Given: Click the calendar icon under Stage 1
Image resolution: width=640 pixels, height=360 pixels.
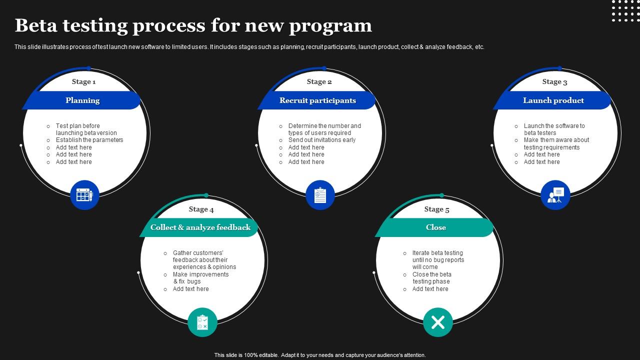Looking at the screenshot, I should (84, 195).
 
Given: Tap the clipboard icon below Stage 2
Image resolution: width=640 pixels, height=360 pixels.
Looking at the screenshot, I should (320, 195).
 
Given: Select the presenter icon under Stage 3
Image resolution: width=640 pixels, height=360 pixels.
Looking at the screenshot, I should (555, 195).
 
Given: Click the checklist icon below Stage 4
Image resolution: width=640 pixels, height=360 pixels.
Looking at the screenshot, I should (202, 322).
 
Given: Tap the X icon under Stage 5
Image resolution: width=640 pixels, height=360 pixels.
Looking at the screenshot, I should (438, 322).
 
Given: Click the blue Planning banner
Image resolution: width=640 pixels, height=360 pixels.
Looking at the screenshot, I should (82, 100).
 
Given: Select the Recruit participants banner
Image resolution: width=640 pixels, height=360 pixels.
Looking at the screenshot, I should (317, 100).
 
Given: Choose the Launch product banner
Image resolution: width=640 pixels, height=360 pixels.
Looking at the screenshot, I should (553, 100).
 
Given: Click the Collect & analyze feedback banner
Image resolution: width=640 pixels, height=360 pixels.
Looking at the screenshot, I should (200, 227).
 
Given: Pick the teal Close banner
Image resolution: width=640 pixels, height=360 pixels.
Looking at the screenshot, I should (435, 227).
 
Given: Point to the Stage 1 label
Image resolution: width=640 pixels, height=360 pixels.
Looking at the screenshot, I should (83, 81).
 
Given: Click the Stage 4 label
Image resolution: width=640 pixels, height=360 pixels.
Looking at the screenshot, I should (201, 209).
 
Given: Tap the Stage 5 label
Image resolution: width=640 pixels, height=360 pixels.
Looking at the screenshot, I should (436, 209).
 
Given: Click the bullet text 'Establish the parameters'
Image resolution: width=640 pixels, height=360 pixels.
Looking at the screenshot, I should (89, 140).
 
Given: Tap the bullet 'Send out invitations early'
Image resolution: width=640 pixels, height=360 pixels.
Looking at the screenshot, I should (322, 140).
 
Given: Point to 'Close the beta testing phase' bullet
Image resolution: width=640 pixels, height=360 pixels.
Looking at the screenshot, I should (431, 278).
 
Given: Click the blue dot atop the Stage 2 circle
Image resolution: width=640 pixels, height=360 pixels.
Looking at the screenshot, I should (324, 68).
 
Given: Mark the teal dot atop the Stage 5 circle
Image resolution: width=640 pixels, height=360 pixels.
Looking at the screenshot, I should (441, 195).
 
